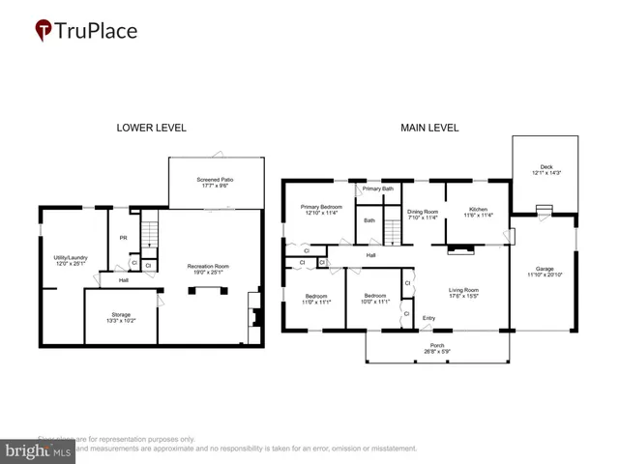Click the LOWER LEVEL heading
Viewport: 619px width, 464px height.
[151, 128]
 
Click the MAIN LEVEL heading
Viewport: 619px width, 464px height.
[429, 128]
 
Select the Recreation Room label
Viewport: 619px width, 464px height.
[208, 269]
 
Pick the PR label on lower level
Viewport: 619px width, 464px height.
[124, 238]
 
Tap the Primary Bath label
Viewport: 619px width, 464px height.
[378, 188]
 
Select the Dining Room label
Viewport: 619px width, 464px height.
[423, 214]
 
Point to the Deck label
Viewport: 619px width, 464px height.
[546, 168]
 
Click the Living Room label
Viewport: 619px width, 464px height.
[462, 292]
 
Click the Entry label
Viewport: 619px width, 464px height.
[428, 318]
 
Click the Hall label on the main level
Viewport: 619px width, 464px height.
[370, 255]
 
